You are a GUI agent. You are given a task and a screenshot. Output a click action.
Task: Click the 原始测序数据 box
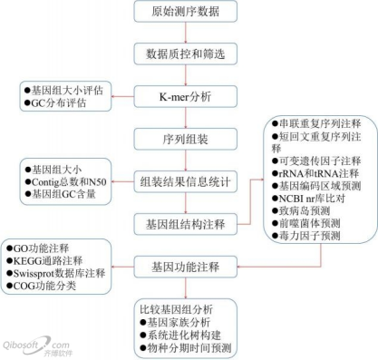tap(188, 13)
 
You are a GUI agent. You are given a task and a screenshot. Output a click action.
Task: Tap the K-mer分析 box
tap(188, 95)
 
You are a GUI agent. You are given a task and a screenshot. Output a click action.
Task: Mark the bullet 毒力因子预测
tap(307, 236)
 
